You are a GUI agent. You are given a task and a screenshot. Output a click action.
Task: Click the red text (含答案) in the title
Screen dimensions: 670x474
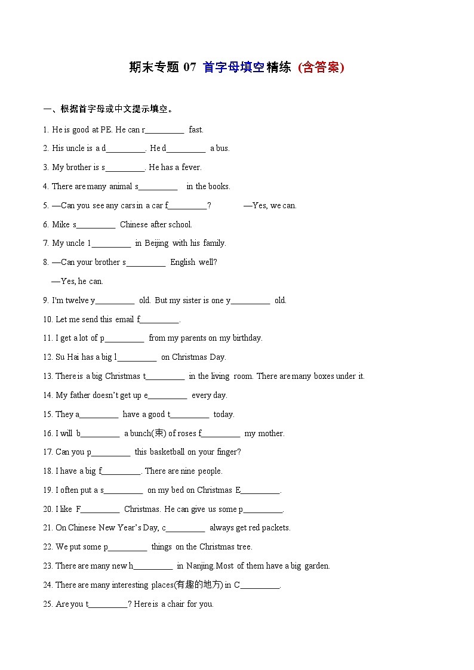(x=321, y=67)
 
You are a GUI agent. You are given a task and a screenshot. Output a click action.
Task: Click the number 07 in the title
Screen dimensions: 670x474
(x=189, y=67)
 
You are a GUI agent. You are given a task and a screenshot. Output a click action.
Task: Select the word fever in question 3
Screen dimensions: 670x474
(x=192, y=168)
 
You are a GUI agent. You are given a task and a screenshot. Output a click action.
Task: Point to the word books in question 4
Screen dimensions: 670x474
(x=219, y=187)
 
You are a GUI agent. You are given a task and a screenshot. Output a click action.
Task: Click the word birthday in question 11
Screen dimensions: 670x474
(x=246, y=338)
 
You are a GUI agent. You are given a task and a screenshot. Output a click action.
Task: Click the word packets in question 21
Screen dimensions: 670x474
(x=276, y=528)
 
